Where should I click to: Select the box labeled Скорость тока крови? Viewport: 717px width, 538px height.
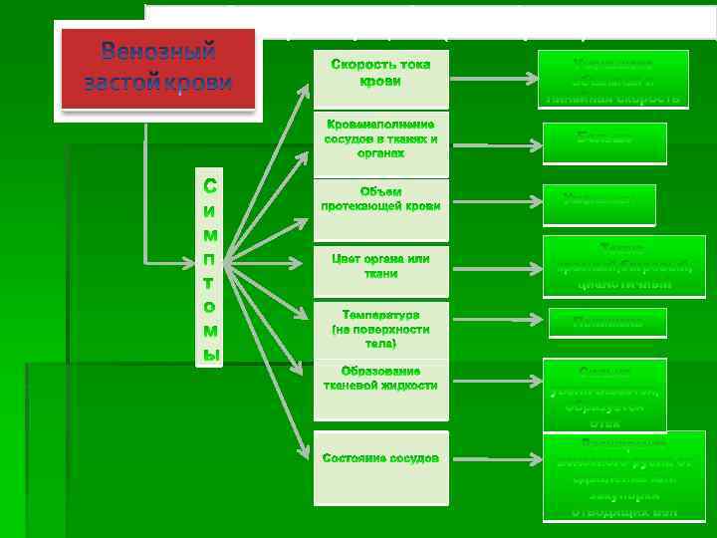pos(380,73)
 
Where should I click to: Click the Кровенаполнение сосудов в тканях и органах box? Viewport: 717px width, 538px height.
pos(380,139)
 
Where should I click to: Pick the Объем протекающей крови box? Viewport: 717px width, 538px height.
pos(380,199)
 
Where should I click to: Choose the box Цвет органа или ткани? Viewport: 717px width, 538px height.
pos(380,266)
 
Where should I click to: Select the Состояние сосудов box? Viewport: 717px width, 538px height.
pos(380,458)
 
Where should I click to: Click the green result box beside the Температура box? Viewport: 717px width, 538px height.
pos(606,322)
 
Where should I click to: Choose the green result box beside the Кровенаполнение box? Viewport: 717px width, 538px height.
pos(603,140)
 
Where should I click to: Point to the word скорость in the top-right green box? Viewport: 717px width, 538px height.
pos(648,99)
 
